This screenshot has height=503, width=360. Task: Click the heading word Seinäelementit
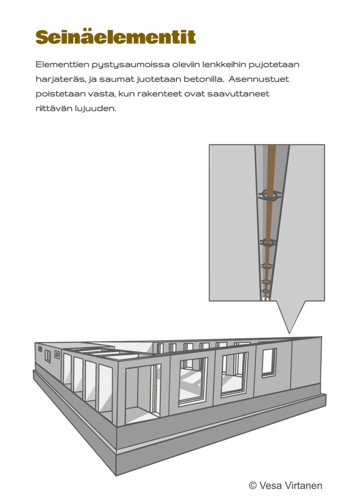pyautogui.click(x=116, y=37)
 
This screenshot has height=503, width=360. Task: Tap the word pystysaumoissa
pyautogui.click(x=131, y=65)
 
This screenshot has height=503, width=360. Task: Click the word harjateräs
pyautogui.click(x=60, y=80)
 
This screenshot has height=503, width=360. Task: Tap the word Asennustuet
pyautogui.click(x=259, y=79)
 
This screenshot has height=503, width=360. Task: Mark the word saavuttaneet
pyautogui.click(x=239, y=94)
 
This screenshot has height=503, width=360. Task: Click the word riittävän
pyautogui.click(x=54, y=108)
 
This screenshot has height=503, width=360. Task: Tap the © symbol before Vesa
pyautogui.click(x=253, y=486)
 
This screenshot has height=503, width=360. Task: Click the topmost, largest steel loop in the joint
pyautogui.click(x=270, y=195)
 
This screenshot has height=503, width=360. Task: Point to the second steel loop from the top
pyautogui.click(x=268, y=243)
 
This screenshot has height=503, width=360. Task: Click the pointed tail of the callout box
pyautogui.click(x=289, y=333)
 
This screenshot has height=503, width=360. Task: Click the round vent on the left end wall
pyautogui.click(x=57, y=355)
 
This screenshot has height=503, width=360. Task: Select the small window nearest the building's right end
pyautogui.click(x=269, y=363)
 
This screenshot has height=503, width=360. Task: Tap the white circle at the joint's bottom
pyautogui.click(x=265, y=298)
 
